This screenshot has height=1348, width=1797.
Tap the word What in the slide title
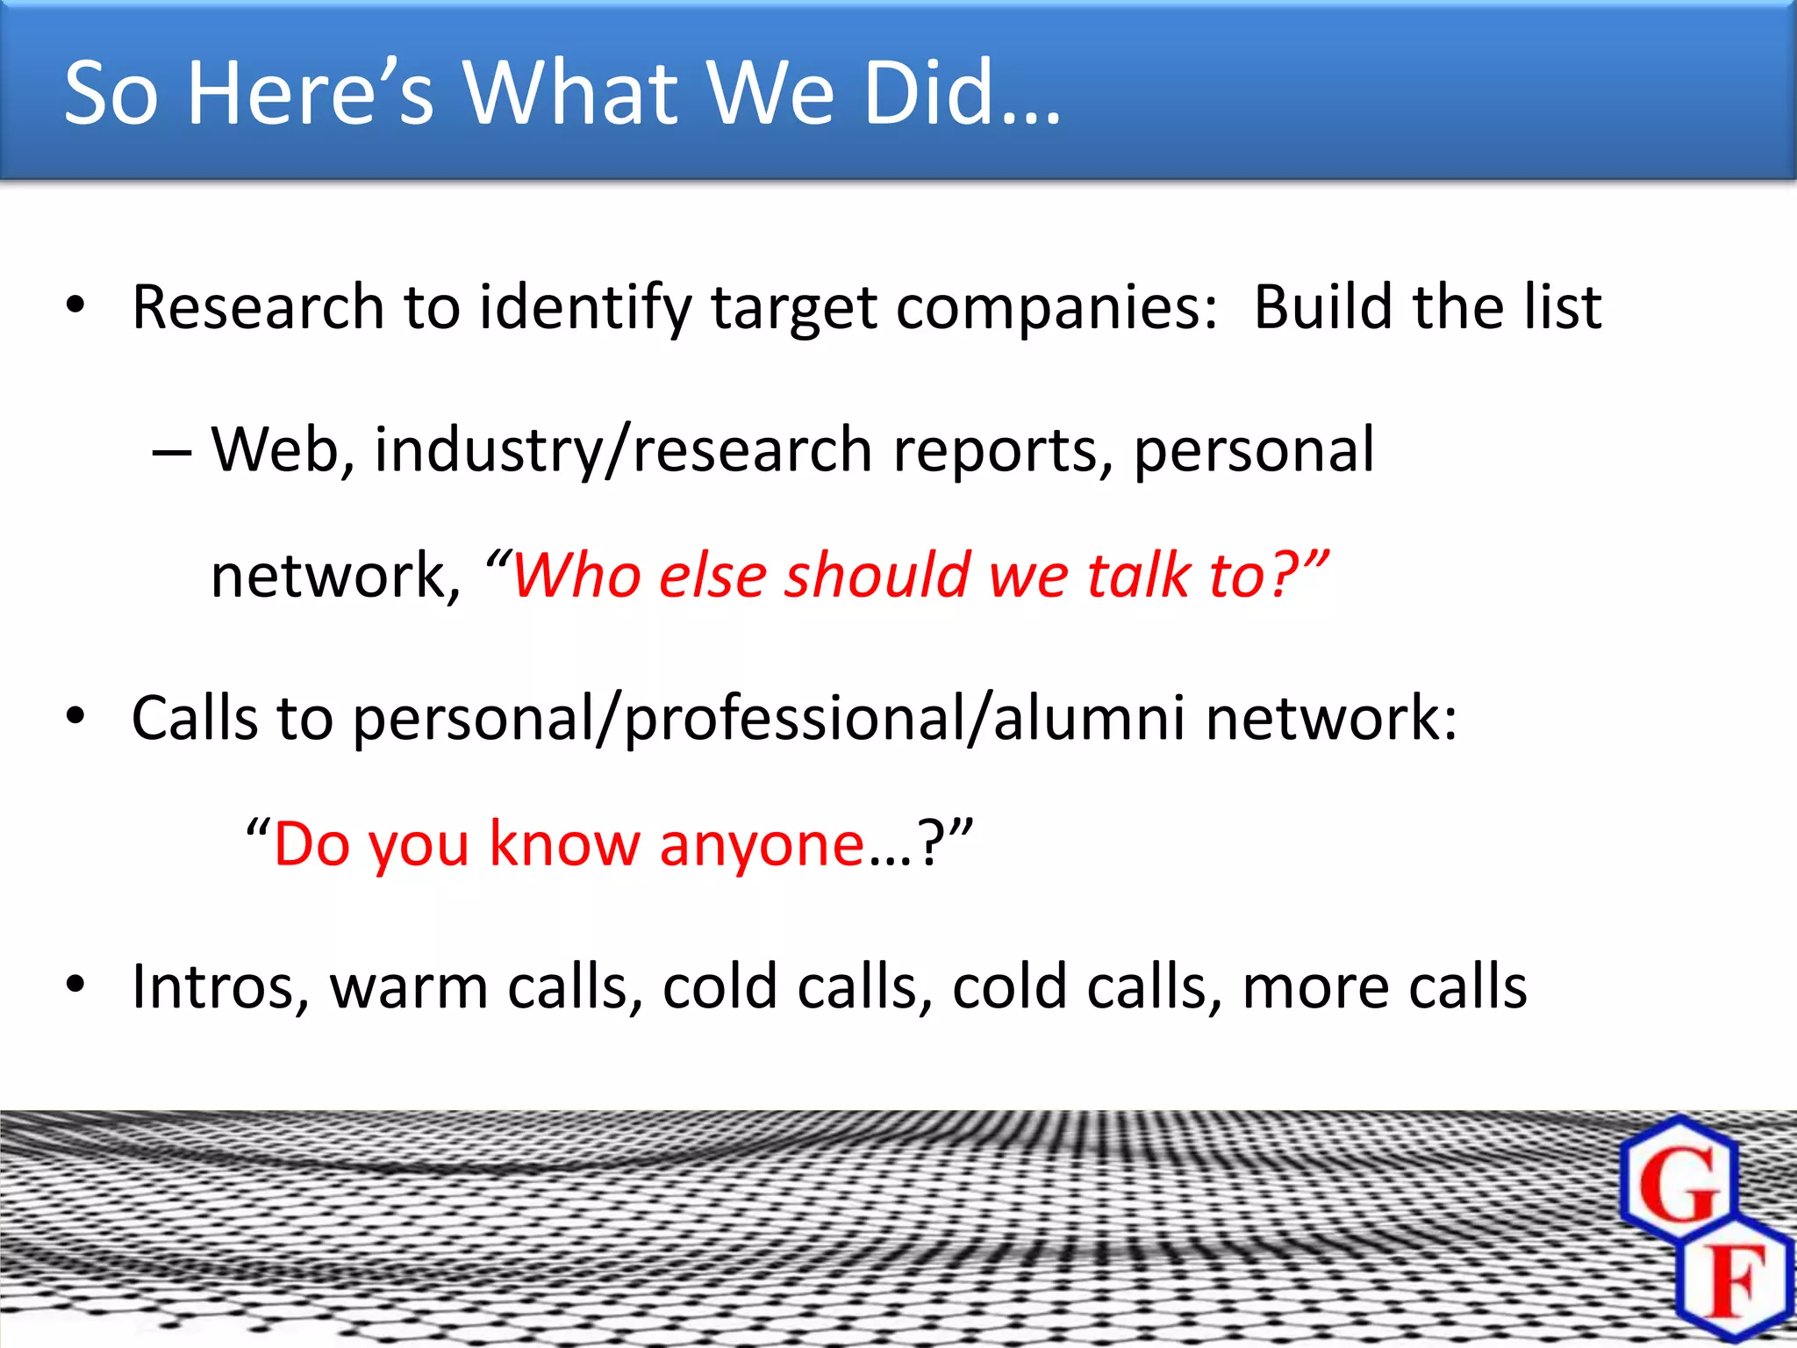click(x=570, y=92)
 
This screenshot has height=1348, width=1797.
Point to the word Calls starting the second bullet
click(x=194, y=718)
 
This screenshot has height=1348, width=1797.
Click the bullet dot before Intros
click(x=75, y=985)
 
